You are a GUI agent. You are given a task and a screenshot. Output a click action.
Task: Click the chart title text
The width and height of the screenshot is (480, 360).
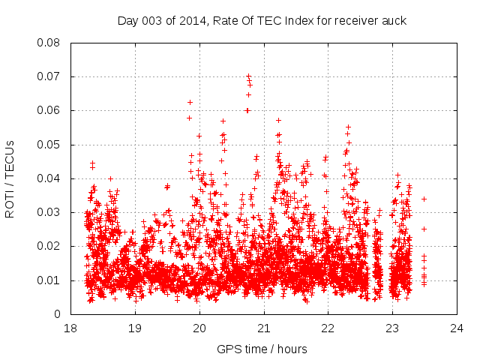pyautogui.click(x=262, y=20)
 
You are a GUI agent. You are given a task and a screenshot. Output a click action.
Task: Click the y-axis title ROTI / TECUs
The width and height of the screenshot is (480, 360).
pyautogui.click(x=10, y=178)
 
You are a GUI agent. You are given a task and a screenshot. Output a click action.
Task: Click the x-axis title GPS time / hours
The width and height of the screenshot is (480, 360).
pyautogui.click(x=262, y=349)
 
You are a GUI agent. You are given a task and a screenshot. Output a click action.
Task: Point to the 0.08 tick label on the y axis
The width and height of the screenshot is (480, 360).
pyautogui.click(x=50, y=43)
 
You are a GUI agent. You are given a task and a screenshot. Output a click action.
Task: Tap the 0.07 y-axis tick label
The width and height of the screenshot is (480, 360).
pyautogui.click(x=50, y=76)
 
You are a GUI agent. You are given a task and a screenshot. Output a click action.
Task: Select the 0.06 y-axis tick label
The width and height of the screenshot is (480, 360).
pyautogui.click(x=50, y=110)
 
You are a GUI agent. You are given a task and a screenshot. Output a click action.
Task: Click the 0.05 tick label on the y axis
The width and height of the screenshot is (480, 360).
pyautogui.click(x=50, y=145)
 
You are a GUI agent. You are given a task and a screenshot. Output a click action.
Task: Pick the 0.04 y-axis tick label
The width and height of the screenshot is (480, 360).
pyautogui.click(x=50, y=178)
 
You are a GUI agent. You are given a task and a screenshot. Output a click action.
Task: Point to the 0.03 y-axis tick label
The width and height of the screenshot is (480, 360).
pyautogui.click(x=50, y=212)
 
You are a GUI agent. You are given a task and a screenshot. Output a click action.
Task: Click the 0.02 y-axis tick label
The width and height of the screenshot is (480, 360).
pyautogui.click(x=50, y=246)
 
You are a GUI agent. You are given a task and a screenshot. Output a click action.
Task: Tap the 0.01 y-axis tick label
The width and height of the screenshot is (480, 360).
pyautogui.click(x=50, y=280)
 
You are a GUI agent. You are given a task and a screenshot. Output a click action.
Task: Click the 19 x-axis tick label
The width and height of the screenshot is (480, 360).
pyautogui.click(x=136, y=328)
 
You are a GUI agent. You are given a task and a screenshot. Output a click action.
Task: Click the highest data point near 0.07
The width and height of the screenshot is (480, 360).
pyautogui.click(x=248, y=76)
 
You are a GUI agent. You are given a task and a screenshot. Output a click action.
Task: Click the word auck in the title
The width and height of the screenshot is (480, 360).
pyautogui.click(x=393, y=20)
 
